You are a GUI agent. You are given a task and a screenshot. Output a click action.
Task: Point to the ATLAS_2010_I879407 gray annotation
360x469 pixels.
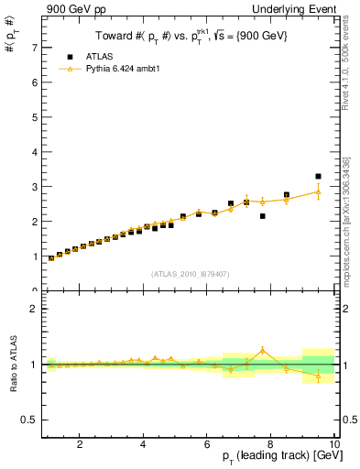(190, 273)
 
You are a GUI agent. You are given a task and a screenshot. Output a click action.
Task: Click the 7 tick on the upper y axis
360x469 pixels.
(34, 48)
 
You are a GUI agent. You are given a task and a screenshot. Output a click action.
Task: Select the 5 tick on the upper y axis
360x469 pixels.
(34, 117)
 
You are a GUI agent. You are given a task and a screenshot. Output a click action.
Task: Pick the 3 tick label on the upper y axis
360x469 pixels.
(34, 187)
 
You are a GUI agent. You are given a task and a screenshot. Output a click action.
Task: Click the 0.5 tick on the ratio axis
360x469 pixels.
(29, 420)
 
